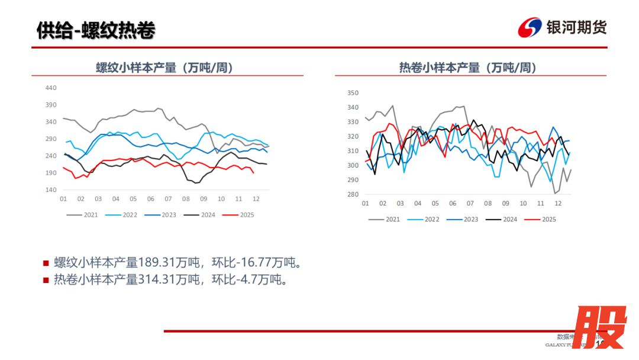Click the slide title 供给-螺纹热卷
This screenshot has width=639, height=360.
pyautogui.click(x=95, y=30)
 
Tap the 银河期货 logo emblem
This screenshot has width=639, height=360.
pyautogui.click(x=529, y=27)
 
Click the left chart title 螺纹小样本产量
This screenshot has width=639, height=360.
pyautogui.click(x=165, y=67)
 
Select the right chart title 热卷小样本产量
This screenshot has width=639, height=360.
pyautogui.click(x=467, y=67)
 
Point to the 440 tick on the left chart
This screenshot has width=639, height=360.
pyautogui.click(x=51, y=88)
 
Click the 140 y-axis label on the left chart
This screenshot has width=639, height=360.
pyautogui.click(x=51, y=190)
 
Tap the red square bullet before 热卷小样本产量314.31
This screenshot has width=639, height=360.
pyautogui.click(x=46, y=279)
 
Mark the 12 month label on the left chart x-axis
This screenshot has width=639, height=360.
pyautogui.click(x=256, y=199)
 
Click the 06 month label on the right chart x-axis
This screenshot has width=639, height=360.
pyautogui.click(x=453, y=204)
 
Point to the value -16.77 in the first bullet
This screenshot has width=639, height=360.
pyautogui.click(x=254, y=262)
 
